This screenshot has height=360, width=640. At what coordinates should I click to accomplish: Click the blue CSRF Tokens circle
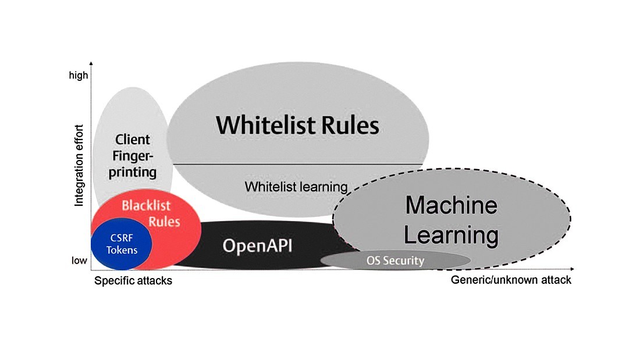122,244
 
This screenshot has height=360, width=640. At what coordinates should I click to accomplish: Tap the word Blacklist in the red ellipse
144,205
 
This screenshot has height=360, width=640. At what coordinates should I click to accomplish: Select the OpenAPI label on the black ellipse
257,246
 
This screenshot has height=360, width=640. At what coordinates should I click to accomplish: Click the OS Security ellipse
395,261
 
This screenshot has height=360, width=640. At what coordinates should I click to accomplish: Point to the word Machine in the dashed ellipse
451,205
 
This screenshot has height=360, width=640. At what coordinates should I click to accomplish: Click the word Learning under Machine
451,235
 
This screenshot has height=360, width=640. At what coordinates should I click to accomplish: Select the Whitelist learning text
296,187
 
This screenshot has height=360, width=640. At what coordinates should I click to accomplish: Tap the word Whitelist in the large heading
266,125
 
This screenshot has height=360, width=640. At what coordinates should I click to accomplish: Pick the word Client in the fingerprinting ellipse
133,140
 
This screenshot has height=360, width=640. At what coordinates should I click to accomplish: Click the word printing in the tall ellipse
133,172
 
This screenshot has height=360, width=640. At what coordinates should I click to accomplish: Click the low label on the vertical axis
79,261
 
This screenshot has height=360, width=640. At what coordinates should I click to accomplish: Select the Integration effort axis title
80,165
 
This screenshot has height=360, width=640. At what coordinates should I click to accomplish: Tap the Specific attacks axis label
133,280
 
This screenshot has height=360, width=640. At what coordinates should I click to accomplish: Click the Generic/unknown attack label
511,280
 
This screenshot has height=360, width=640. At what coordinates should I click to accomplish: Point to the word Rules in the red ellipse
164,222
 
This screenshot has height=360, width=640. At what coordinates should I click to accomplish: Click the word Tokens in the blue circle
122,250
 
